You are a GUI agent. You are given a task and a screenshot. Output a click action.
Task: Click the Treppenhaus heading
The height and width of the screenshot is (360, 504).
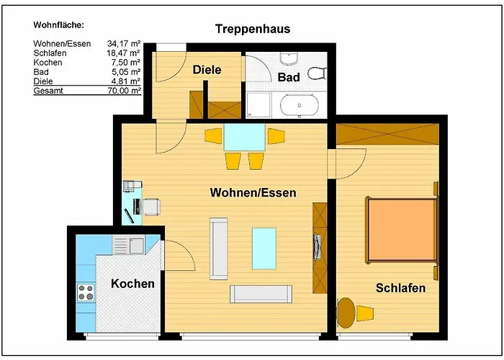(253, 29)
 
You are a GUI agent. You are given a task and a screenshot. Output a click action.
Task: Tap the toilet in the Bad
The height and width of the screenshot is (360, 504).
(317, 73)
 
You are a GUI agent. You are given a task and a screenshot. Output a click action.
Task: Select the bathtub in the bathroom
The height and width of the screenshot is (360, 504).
(300, 105)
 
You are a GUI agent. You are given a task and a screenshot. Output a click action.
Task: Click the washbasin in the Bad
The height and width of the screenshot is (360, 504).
(289, 58)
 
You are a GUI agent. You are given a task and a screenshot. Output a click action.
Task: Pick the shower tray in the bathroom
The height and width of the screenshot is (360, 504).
(258, 105)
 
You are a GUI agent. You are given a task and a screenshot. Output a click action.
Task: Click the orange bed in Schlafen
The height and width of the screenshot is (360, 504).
(402, 230)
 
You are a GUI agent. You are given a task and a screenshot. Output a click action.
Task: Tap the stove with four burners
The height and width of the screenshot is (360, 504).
(86, 292)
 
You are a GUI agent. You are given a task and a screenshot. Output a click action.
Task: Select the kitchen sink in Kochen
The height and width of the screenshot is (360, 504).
(129, 246)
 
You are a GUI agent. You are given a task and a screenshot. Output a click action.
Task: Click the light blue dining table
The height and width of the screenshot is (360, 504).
(245, 138)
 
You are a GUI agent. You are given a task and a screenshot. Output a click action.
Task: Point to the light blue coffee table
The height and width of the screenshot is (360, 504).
(264, 248)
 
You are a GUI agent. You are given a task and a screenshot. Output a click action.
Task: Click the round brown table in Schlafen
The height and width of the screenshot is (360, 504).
(346, 312)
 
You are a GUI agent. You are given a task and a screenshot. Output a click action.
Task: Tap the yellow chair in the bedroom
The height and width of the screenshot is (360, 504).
(365, 313)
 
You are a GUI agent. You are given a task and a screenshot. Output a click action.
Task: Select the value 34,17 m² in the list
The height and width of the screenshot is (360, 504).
(124, 44)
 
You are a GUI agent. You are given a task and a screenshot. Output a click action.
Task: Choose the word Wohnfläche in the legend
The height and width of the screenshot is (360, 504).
(58, 25)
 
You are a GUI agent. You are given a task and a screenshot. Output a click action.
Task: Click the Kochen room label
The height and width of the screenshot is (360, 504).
(132, 284)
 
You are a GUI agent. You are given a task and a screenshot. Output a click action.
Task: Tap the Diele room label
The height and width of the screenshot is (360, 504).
(207, 70)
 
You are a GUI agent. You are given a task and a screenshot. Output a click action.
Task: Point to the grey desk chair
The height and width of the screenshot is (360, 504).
(151, 207)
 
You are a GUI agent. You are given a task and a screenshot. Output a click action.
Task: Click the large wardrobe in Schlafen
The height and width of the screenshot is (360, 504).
(387, 134)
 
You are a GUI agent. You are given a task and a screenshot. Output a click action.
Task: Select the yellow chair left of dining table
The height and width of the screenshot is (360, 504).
(213, 136)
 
